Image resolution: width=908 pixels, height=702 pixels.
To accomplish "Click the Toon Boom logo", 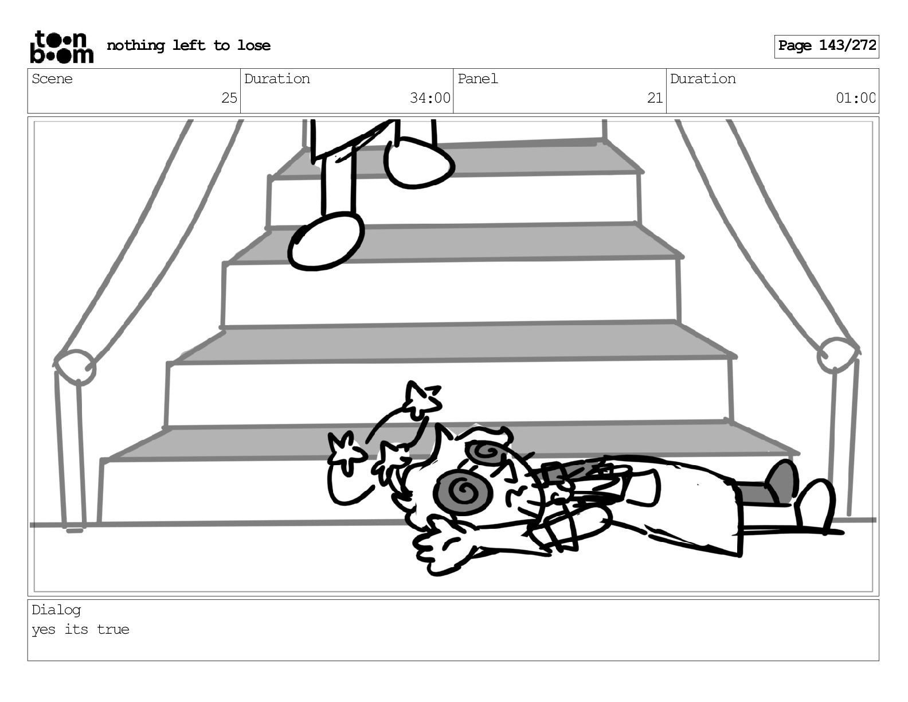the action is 61,46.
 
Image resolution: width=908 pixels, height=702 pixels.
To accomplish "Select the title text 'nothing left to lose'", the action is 189,45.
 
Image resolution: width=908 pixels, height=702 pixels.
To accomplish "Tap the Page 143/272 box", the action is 826,46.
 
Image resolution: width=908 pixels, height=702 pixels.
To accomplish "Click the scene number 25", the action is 229,98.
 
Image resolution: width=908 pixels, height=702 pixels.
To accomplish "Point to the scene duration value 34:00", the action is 429,98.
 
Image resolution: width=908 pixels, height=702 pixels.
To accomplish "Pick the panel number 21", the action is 655,98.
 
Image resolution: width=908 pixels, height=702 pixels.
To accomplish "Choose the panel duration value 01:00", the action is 855,98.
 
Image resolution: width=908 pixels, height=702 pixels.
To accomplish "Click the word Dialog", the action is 56,610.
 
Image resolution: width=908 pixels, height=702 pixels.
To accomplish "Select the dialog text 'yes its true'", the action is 80,629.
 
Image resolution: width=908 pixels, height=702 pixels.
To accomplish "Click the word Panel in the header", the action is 478,79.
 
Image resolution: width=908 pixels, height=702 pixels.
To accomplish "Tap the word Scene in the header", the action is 52,79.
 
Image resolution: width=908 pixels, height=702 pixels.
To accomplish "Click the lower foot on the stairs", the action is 326,241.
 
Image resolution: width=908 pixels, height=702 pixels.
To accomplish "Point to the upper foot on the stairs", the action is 418,163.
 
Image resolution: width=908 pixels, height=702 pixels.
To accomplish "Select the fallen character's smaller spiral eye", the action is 486,453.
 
